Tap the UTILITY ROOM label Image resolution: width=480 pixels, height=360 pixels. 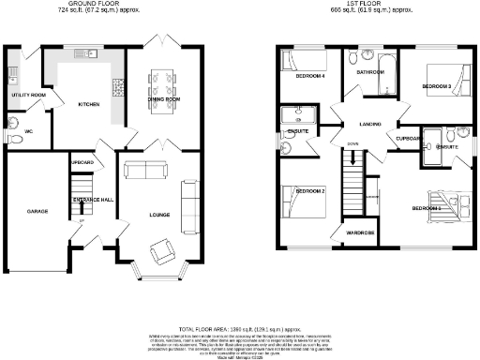pos(29,96)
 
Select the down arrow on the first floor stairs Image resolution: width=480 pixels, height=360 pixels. pos(352,158)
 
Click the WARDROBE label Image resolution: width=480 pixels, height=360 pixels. pos(359,232)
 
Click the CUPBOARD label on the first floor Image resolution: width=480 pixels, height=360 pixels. pos(408,138)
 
